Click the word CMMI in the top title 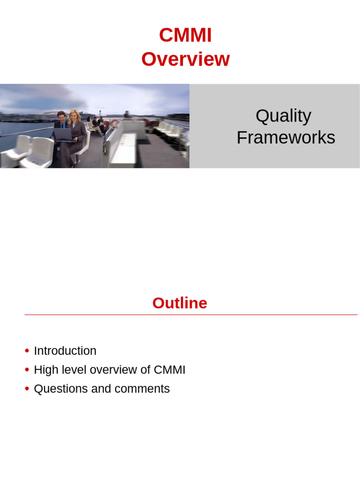point(185,36)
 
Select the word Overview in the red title point(185,60)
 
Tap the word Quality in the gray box point(283,116)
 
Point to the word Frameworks point(285,138)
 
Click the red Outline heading point(180,303)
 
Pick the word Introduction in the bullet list point(65,351)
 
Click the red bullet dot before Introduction point(27,351)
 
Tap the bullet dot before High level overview point(27,370)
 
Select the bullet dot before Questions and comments point(27,389)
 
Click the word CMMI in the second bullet point(169,370)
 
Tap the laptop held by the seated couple point(63,135)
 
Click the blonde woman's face point(74,115)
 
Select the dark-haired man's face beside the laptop point(61,117)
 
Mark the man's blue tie point(62,126)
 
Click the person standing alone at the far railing point(127,114)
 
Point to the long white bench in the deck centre point(123,148)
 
